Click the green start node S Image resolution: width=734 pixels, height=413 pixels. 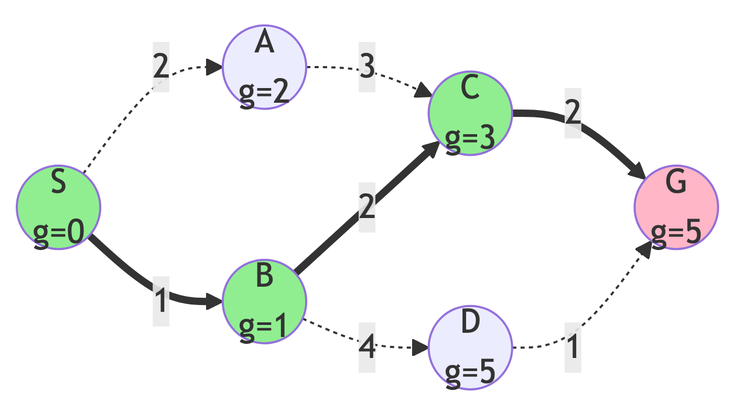click(58, 207)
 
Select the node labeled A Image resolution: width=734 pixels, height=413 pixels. click(264, 67)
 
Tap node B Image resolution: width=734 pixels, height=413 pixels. click(264, 301)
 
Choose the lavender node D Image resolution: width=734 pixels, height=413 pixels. click(470, 347)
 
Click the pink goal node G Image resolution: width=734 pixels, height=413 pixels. click(676, 207)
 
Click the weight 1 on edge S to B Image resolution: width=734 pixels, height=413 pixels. click(161, 301)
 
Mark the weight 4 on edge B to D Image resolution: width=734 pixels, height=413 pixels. click(367, 347)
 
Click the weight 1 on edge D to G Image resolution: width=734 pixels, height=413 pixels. click(573, 347)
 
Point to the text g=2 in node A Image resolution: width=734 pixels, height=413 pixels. click(264, 92)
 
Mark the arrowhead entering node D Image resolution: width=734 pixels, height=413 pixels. click(421, 347)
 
